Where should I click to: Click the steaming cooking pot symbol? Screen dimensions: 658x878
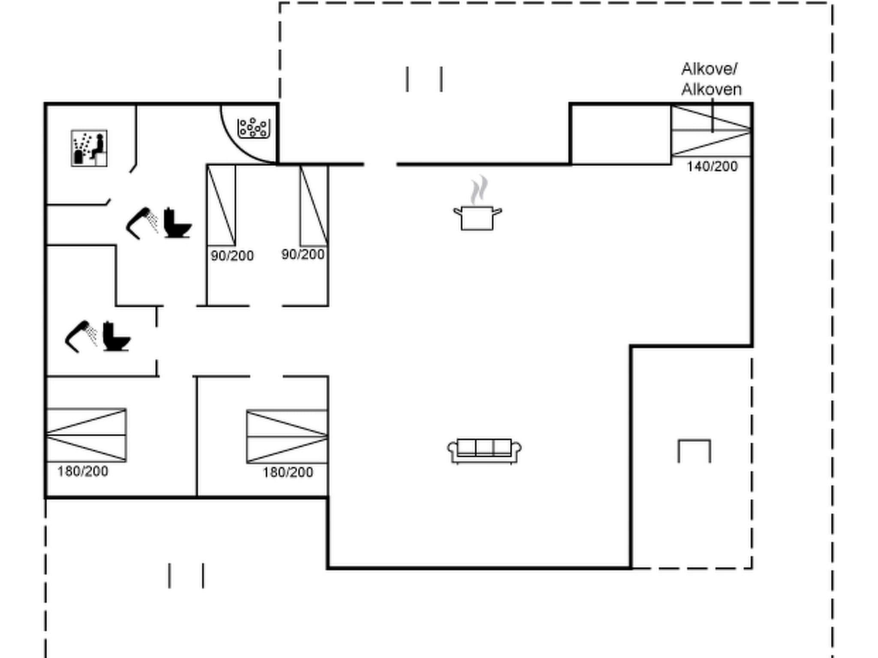478,212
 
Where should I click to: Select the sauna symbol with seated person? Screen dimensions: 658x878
89,148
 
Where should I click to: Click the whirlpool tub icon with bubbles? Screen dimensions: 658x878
253,128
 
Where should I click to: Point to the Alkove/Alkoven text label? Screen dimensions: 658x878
711,79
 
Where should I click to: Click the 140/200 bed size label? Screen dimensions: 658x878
712,166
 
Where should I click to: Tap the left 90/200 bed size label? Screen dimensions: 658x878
232,256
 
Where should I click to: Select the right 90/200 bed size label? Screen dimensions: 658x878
303,254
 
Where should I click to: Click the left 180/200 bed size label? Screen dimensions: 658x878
83,471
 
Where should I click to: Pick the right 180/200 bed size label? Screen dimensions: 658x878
288,472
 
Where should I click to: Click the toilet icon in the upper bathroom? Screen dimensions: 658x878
177,223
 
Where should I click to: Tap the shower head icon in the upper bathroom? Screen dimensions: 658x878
141,223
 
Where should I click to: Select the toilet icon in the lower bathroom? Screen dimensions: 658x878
116,336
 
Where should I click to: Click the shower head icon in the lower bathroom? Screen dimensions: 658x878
81,336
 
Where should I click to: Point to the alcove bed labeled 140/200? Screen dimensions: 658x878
711,131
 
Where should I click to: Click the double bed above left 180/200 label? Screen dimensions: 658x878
86,435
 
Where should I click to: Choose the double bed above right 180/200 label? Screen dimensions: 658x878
287,437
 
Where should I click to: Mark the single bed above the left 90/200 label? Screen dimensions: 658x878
221,205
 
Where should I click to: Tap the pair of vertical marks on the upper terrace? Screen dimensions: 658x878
424,79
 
